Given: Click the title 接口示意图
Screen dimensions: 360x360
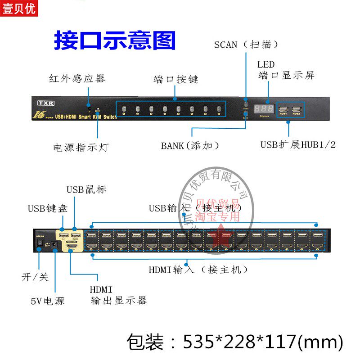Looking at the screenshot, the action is (x=114, y=40).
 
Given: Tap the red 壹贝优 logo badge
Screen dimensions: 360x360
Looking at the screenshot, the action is (x=19, y=8).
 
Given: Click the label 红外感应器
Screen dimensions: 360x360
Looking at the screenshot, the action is (x=77, y=79).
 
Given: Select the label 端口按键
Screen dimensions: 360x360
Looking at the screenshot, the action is (x=176, y=80).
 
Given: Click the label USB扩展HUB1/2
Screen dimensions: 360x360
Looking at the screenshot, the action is (x=298, y=145).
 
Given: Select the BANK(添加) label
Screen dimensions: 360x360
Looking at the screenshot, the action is (x=191, y=146).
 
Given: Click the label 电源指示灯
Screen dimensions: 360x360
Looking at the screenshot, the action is (x=81, y=148).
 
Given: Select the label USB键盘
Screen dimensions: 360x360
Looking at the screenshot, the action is (x=48, y=208).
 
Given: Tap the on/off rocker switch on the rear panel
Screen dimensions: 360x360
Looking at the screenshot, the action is (x=40, y=242).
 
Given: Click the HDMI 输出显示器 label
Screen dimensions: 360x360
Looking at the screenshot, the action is (x=118, y=295).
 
